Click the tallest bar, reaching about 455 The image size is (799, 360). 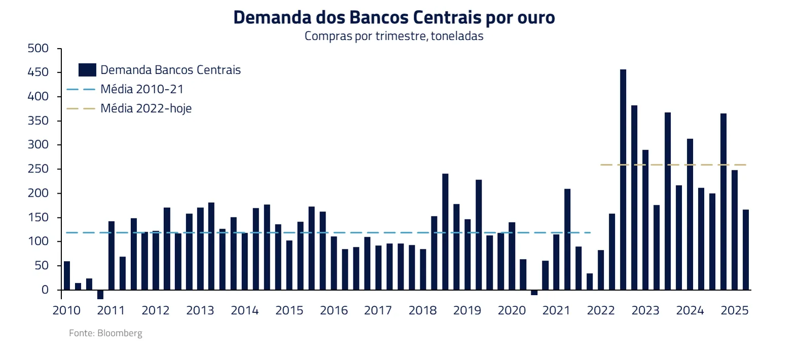click(x=623, y=179)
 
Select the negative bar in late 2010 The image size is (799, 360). click(x=100, y=295)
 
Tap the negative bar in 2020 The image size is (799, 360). click(x=534, y=293)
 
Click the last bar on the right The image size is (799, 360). click(x=745, y=249)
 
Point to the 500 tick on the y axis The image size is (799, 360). click(x=38, y=49)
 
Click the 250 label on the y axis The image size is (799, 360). click(x=38, y=169)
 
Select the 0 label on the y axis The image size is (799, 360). click(x=45, y=290)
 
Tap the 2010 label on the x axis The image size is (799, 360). click(x=66, y=310)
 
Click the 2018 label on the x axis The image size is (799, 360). click(x=423, y=310)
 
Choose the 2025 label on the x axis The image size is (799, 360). click(x=735, y=310)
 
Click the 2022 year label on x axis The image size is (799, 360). click(x=601, y=310)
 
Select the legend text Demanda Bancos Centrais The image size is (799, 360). click(x=170, y=70)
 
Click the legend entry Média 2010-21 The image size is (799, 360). click(x=142, y=89)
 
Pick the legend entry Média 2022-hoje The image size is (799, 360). click(x=146, y=109)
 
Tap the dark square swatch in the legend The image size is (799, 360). click(x=87, y=70)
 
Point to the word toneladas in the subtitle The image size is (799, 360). click(x=457, y=36)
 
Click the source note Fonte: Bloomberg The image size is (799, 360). click(x=105, y=333)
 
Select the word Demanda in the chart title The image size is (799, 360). click(x=272, y=17)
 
